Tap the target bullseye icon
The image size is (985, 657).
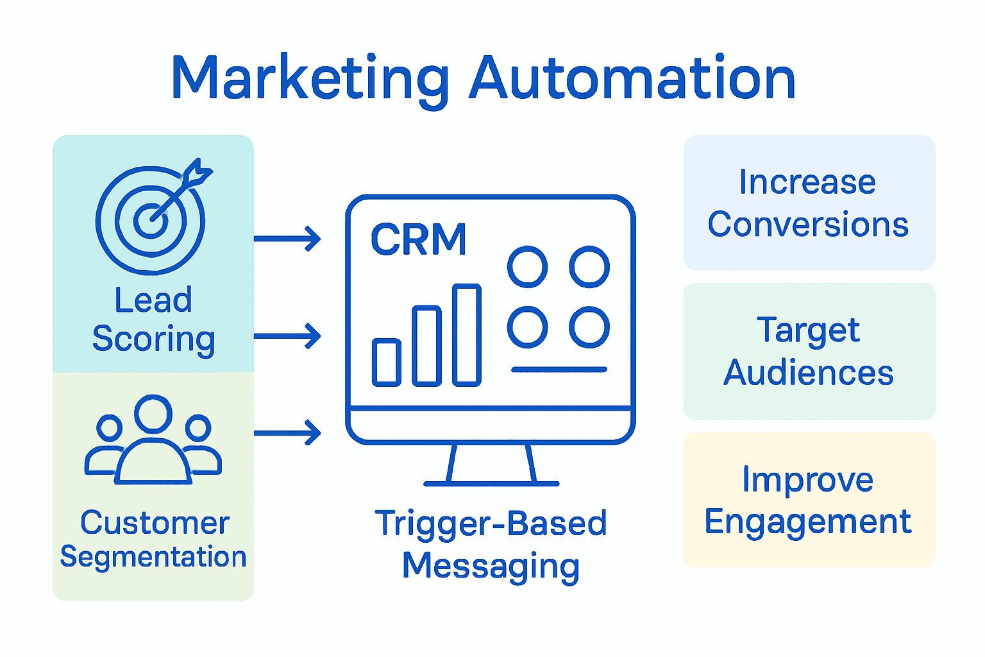tap(151, 220)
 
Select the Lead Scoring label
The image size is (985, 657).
tap(153, 320)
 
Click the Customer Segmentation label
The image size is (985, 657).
tap(153, 539)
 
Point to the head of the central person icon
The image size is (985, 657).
tap(153, 414)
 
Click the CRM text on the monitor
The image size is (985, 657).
tap(418, 240)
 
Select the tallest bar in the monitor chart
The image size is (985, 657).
tap(466, 335)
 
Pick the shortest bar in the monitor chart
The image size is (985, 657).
tap(387, 363)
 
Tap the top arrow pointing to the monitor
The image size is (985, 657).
tap(287, 239)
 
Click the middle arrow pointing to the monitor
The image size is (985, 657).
tap(287, 336)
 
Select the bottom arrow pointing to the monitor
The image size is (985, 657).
tap(287, 432)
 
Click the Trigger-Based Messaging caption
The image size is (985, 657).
tap(491, 544)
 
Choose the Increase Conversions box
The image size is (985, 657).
tap(809, 203)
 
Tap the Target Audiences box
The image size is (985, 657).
tap(809, 351)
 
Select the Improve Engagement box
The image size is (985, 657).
tap(809, 500)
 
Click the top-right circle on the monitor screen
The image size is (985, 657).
tap(589, 267)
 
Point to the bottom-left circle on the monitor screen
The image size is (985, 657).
tap(527, 327)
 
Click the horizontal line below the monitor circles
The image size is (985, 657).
tap(559, 370)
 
